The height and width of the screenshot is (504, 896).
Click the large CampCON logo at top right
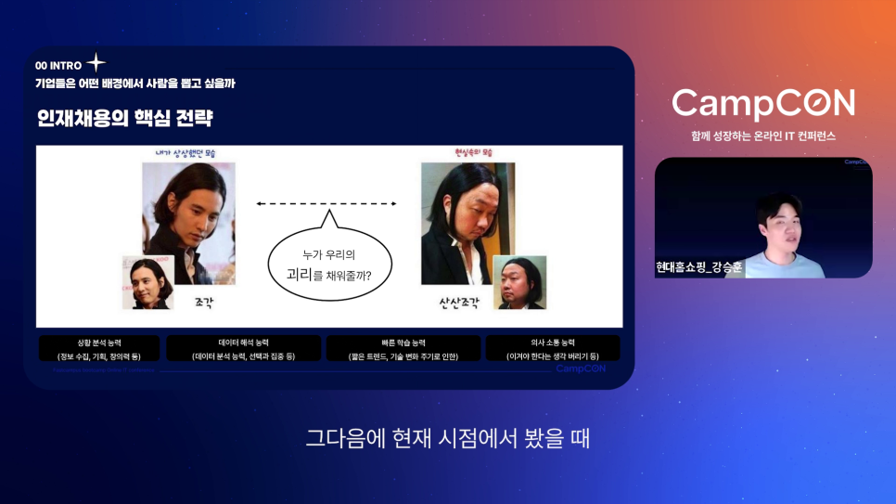[x=763, y=104]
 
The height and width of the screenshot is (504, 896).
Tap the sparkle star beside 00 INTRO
[x=96, y=64]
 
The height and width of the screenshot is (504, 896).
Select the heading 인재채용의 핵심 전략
[x=124, y=119]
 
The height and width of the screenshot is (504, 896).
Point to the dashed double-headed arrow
[x=326, y=203]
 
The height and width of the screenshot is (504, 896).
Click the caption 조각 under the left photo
[x=204, y=303]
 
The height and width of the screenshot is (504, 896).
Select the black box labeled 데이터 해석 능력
[x=243, y=348]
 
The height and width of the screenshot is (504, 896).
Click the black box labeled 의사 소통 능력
[x=553, y=348]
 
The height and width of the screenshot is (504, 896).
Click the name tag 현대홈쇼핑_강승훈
[x=699, y=267]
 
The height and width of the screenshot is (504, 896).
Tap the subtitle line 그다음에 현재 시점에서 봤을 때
[x=448, y=437]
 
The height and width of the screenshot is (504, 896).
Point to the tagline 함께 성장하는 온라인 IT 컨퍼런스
[x=763, y=136]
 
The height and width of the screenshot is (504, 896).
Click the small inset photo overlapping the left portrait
[x=148, y=282]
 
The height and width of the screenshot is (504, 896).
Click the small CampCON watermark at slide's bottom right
[x=582, y=368]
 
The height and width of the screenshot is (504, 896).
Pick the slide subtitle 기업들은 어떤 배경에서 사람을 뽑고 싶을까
[x=135, y=84]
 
